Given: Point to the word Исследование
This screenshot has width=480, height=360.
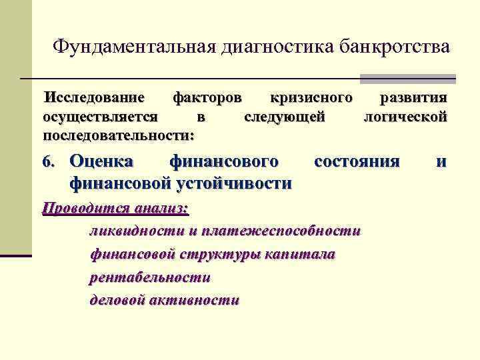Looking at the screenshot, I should pyautogui.click(x=94, y=99).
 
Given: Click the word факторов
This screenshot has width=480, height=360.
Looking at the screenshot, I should pyautogui.click(x=207, y=99).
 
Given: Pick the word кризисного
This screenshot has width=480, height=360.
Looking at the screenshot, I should pyautogui.click(x=311, y=99).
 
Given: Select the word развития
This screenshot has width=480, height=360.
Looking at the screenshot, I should pyautogui.click(x=413, y=99).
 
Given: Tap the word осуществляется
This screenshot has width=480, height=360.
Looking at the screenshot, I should pyautogui.click(x=100, y=117).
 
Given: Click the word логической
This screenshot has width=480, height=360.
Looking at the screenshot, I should pyautogui.click(x=404, y=117).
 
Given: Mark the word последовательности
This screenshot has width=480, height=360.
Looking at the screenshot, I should pyautogui.click(x=118, y=135).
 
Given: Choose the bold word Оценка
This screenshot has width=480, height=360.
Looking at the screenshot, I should pyautogui.click(x=101, y=161).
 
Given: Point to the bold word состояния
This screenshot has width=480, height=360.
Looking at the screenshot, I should pyautogui.click(x=357, y=161).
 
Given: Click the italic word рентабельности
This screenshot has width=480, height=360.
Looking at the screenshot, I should pyautogui.click(x=150, y=277).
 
